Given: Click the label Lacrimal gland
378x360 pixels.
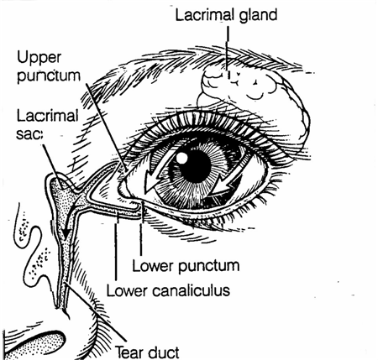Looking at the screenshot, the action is point(226,15).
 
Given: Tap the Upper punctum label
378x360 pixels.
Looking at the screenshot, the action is point(48,66).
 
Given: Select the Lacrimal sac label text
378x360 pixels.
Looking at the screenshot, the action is point(47,124).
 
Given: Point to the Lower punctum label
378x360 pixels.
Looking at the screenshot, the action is point(186,266).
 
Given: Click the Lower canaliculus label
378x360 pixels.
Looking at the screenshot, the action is point(168,290).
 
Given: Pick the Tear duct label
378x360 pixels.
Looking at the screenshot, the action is point(147,352).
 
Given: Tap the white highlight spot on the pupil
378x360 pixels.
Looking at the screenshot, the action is point(181,158).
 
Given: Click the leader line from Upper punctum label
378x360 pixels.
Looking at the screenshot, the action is point(107,127).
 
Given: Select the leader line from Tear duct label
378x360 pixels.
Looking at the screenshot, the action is point(95,312).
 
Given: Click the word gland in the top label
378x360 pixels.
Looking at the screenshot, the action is point(258,15).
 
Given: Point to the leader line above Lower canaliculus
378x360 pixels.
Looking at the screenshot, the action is point(116,246).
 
